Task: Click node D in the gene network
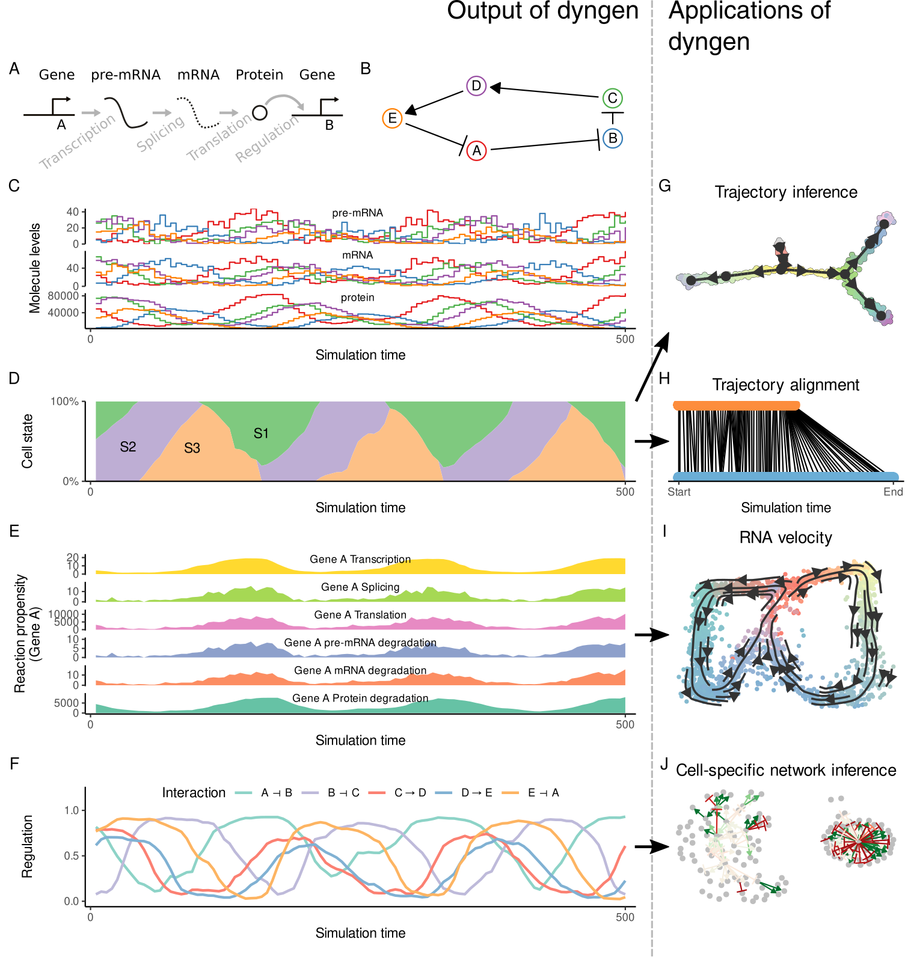(x=476, y=86)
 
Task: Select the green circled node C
(x=612, y=98)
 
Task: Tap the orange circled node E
(x=392, y=118)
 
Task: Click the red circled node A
(x=477, y=150)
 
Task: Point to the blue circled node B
(x=613, y=138)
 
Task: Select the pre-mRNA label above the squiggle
(x=126, y=75)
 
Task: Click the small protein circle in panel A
(x=260, y=112)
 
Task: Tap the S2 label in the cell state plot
(x=128, y=447)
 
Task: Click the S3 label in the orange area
(x=192, y=448)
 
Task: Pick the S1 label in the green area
(x=261, y=433)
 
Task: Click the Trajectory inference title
(x=786, y=192)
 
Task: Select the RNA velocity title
(x=785, y=537)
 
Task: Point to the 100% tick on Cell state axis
(x=64, y=402)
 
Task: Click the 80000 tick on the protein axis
(x=63, y=296)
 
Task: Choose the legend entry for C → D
(x=409, y=793)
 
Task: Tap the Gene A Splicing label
(x=360, y=587)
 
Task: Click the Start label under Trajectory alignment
(x=679, y=492)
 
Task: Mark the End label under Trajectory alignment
(x=893, y=492)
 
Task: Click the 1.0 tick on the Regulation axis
(x=72, y=810)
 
